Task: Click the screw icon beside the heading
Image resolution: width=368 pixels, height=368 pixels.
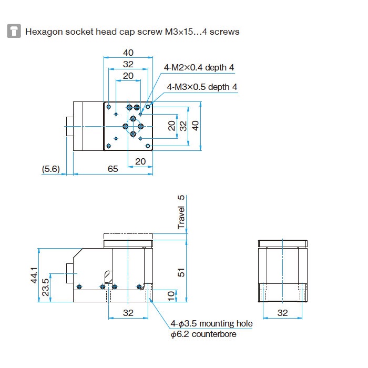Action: pyautogui.click(x=14, y=31)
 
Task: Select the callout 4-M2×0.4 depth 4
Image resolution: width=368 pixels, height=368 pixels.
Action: pyautogui.click(x=199, y=67)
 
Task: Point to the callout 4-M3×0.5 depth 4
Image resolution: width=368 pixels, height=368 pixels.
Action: pyautogui.click(x=202, y=87)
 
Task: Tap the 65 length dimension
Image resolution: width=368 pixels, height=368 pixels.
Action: pyautogui.click(x=113, y=169)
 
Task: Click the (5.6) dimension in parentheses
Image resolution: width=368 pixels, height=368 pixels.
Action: pyautogui.click(x=52, y=169)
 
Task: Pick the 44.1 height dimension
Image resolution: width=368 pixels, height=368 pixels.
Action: pyautogui.click(x=34, y=274)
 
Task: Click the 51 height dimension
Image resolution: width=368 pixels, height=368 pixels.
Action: pyautogui.click(x=181, y=272)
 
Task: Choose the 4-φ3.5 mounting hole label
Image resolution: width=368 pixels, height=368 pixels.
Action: pyautogui.click(x=211, y=324)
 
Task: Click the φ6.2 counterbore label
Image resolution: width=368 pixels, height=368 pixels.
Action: pyautogui.click(x=203, y=334)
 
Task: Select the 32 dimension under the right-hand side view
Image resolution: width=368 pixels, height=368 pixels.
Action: pyautogui.click(x=283, y=312)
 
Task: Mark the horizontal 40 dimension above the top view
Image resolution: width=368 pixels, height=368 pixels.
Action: pyautogui.click(x=128, y=52)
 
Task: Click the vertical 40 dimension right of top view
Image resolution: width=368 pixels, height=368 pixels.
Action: pyautogui.click(x=196, y=126)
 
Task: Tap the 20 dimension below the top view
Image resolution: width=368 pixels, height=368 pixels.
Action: pyautogui.click(x=140, y=161)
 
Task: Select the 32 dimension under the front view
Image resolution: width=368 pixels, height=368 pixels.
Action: pyautogui.click(x=128, y=312)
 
